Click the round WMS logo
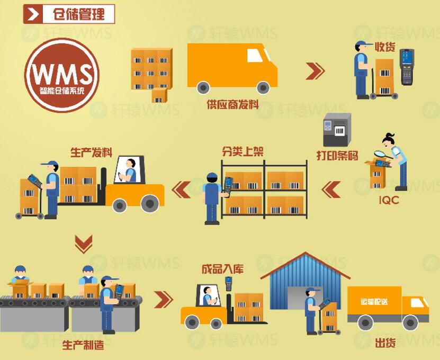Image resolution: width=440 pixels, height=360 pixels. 61,75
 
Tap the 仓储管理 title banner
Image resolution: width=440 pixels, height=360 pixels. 69,14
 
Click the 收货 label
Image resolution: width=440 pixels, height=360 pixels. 385,47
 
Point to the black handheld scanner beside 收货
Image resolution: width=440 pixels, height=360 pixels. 406,66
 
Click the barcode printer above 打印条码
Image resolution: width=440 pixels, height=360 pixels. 337,130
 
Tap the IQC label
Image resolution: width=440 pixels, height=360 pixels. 389,201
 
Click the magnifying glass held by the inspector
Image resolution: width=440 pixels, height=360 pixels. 380,155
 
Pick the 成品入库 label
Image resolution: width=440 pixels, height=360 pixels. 222,269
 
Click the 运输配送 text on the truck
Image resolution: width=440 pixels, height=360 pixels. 374,301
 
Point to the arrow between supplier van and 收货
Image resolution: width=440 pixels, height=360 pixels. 315,71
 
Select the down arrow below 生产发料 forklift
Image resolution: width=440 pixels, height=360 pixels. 83,244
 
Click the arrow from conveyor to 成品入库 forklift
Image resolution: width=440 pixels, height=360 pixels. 163,299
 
